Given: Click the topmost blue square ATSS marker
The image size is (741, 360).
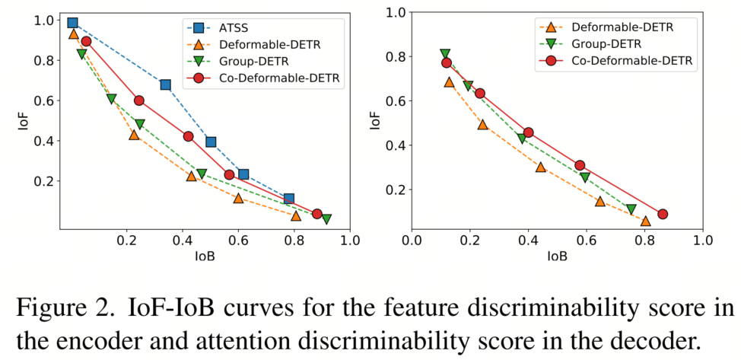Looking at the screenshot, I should tap(73, 24).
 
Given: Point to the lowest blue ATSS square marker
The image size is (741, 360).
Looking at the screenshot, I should tap(288, 199).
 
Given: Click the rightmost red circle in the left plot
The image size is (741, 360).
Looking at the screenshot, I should tap(316, 214).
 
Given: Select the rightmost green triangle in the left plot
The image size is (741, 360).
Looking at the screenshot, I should tap(326, 219).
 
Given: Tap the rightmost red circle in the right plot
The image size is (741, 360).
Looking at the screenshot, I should tap(663, 214).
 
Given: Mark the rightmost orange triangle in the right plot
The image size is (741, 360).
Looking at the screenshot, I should tap(645, 221).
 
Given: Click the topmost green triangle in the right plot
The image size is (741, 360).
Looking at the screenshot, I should tap(445, 55).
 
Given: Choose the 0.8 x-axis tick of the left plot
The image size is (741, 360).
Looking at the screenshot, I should tap(294, 243).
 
